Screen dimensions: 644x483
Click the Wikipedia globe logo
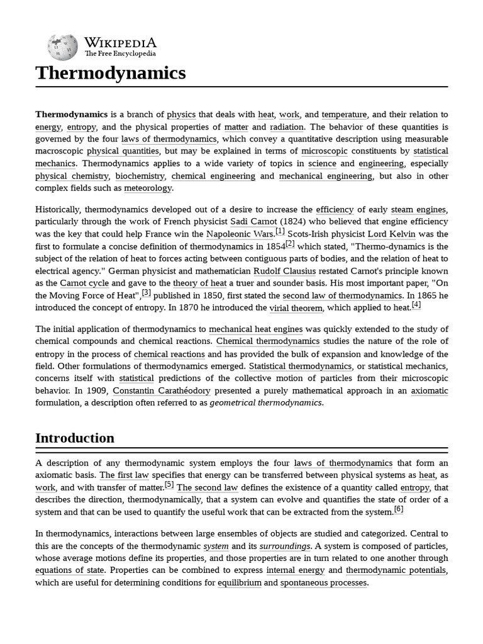[63, 46]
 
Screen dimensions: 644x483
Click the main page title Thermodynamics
[111, 73]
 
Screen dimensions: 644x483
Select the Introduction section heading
[75, 438]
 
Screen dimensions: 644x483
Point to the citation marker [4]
[416, 305]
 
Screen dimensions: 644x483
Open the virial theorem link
[296, 308]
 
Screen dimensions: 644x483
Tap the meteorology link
[148, 188]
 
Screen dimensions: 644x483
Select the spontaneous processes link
[324, 583]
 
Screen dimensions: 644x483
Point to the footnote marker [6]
[399, 509]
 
